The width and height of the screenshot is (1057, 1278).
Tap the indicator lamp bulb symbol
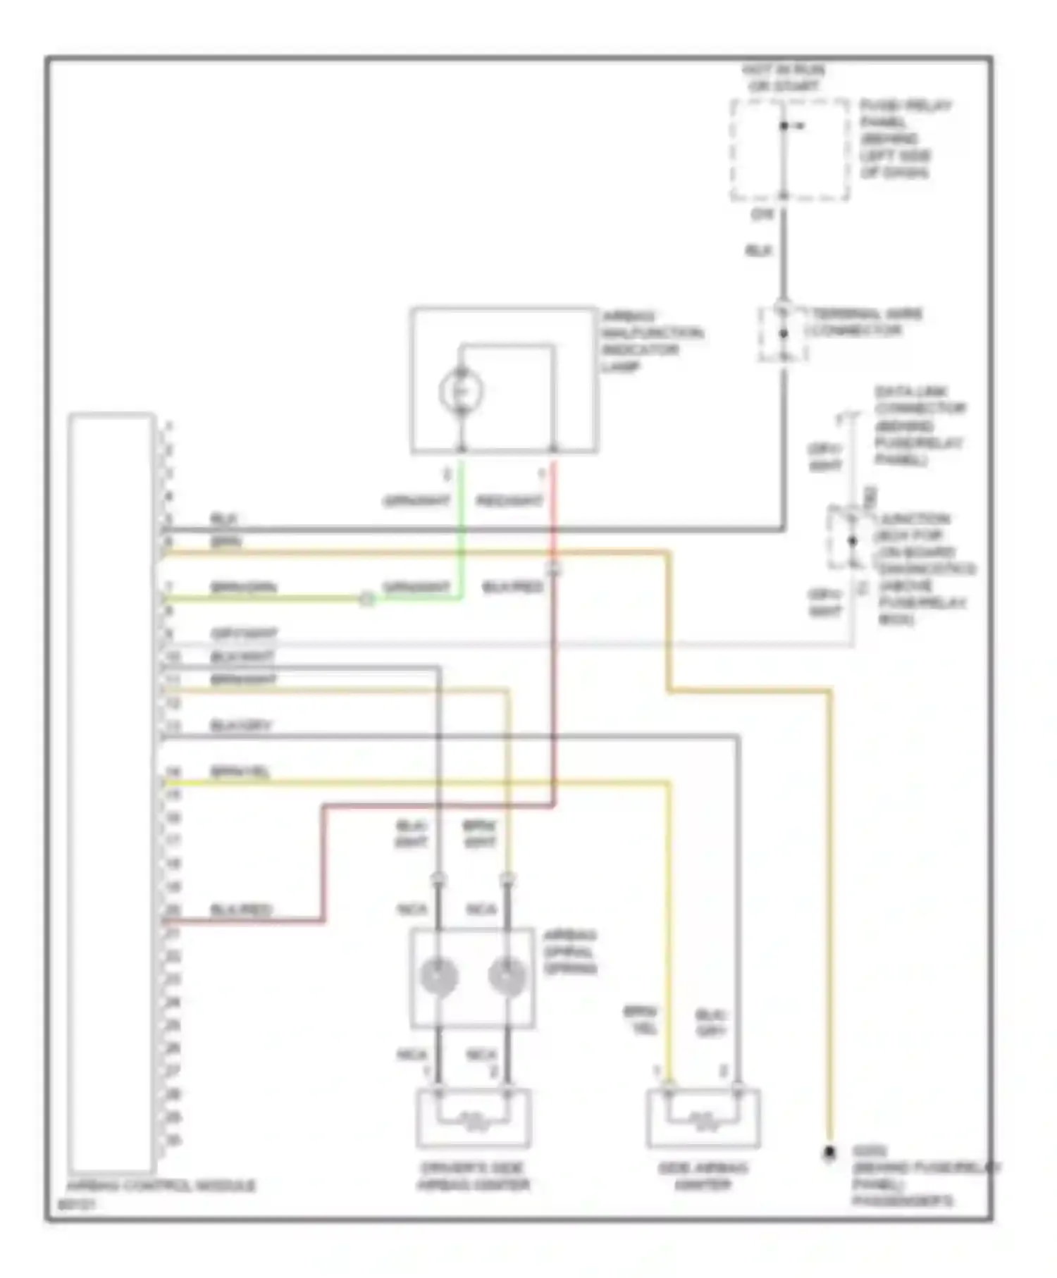461,390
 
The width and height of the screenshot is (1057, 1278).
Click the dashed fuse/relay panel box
789,150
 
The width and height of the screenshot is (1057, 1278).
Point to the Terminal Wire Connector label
864,322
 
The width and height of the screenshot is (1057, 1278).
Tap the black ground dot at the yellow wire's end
829,1153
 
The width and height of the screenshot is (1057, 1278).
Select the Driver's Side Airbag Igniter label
473,1176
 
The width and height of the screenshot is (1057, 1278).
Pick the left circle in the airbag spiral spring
438,976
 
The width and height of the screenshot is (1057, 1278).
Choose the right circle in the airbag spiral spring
507,976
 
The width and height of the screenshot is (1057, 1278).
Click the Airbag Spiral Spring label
570,952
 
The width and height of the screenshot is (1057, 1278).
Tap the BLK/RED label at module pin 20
241,910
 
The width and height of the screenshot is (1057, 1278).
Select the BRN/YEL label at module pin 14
240,772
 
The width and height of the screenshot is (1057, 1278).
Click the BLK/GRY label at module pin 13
240,726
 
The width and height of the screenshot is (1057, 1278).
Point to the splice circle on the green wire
366,600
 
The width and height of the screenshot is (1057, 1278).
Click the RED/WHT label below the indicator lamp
509,501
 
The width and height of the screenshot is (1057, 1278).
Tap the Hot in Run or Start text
784,77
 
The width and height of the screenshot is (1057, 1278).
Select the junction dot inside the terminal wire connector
783,333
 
